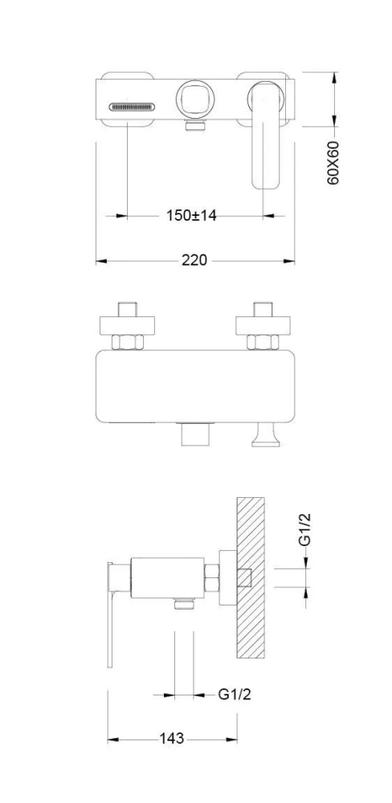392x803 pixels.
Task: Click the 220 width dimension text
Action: click(194, 260)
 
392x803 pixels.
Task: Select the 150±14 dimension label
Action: click(191, 215)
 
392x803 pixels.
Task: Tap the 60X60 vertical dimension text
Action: click(333, 163)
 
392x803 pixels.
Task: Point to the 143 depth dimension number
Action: click(172, 739)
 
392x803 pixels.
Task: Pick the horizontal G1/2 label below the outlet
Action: click(235, 695)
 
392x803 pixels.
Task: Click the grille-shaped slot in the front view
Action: click(131, 107)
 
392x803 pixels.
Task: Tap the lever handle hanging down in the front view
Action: click(265, 135)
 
